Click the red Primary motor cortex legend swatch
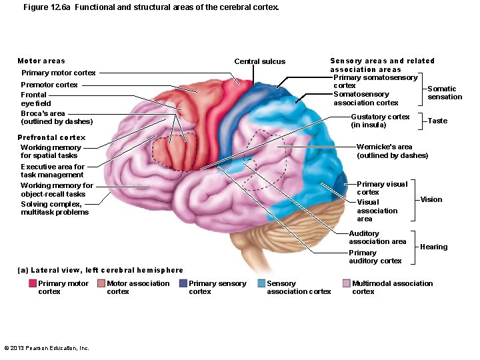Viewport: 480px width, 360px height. tap(33, 283)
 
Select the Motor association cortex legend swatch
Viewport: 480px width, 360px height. tap(101, 283)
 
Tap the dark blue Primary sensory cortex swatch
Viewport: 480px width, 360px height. tap(183, 283)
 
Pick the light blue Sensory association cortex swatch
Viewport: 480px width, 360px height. tap(261, 283)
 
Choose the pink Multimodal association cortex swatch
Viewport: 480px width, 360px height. tap(346, 283)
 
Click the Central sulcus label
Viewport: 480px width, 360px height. tap(259, 61)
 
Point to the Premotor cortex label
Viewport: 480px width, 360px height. tap(49, 85)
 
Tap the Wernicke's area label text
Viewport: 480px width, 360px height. tap(392, 151)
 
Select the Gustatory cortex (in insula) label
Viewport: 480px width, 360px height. tap(380, 121)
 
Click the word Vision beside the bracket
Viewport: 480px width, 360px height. tap(431, 199)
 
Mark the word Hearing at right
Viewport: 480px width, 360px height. tap(433, 247)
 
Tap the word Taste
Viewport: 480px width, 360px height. tap(437, 121)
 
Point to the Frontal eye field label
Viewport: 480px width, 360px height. tap(35, 99)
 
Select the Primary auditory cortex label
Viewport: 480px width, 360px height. tap(375, 257)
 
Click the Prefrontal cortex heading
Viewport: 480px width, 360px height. tap(51, 137)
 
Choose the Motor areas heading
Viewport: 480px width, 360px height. tap(41, 61)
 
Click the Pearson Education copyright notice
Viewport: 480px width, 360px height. tap(47, 348)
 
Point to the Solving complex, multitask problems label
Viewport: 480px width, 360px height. tap(55, 208)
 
